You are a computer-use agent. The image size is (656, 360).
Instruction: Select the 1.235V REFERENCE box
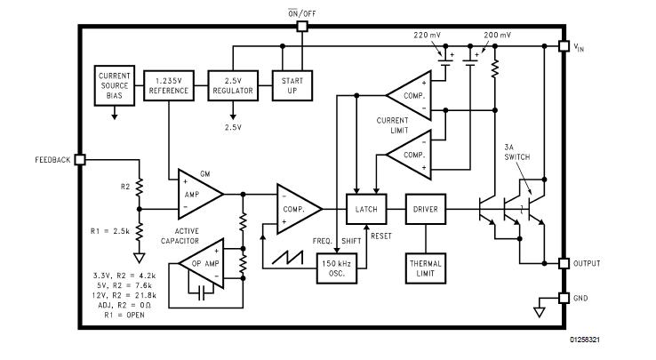(x=169, y=85)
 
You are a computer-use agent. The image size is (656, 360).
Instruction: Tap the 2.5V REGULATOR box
(x=233, y=85)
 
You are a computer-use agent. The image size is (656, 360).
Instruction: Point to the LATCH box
(x=365, y=209)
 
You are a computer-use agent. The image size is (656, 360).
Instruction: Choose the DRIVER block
(x=423, y=209)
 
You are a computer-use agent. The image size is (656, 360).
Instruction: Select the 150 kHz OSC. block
(x=336, y=268)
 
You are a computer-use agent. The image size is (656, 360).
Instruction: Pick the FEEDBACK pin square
(x=80, y=159)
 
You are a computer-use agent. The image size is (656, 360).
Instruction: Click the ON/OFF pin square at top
(x=301, y=27)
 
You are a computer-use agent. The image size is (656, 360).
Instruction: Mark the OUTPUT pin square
(x=562, y=263)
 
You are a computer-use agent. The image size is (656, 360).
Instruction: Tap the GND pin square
(x=562, y=297)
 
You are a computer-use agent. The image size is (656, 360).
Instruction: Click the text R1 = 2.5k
(x=111, y=231)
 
